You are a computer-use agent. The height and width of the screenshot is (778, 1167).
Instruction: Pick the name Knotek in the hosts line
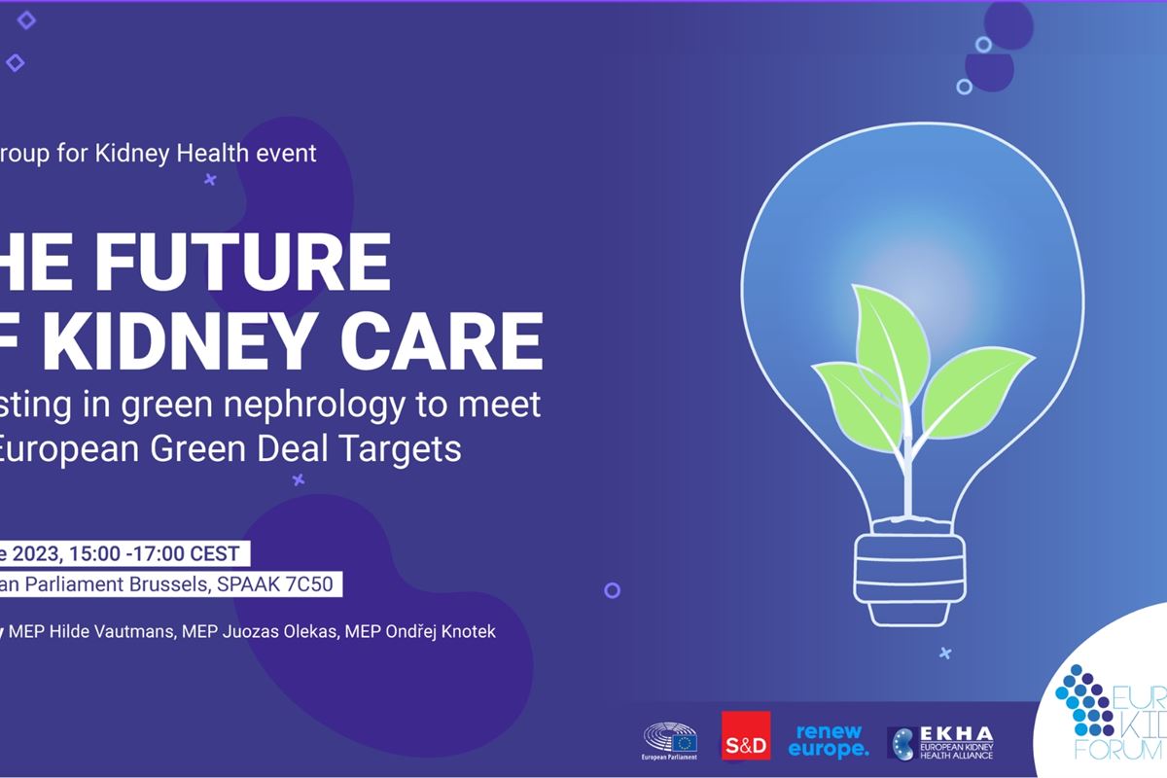pos(467,632)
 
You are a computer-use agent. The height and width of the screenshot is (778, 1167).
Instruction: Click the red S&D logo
pos(746,735)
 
